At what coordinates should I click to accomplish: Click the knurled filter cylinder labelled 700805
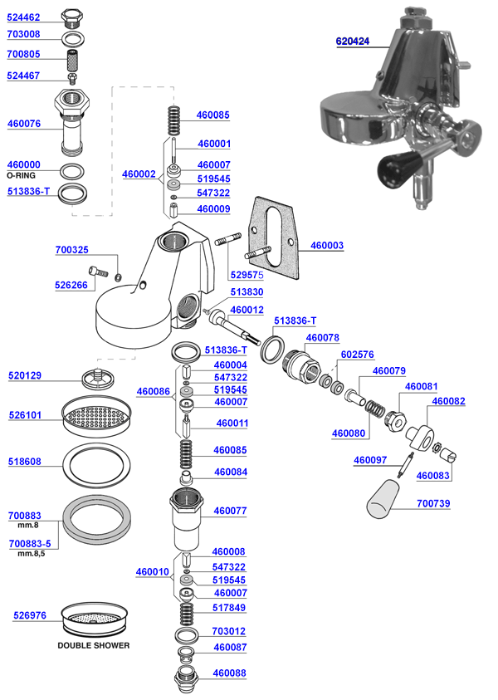pyautogui.click(x=73, y=61)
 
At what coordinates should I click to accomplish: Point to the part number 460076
pyautogui.click(x=23, y=124)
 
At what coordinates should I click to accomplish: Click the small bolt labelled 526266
pyautogui.click(x=100, y=272)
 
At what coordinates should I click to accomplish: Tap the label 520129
pyautogui.click(x=25, y=375)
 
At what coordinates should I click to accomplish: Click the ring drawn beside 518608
pyautogui.click(x=98, y=461)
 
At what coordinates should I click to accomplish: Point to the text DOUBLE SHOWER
pyautogui.click(x=93, y=645)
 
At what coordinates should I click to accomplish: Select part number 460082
pyautogui.click(x=448, y=401)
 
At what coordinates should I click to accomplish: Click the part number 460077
pyautogui.click(x=230, y=512)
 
